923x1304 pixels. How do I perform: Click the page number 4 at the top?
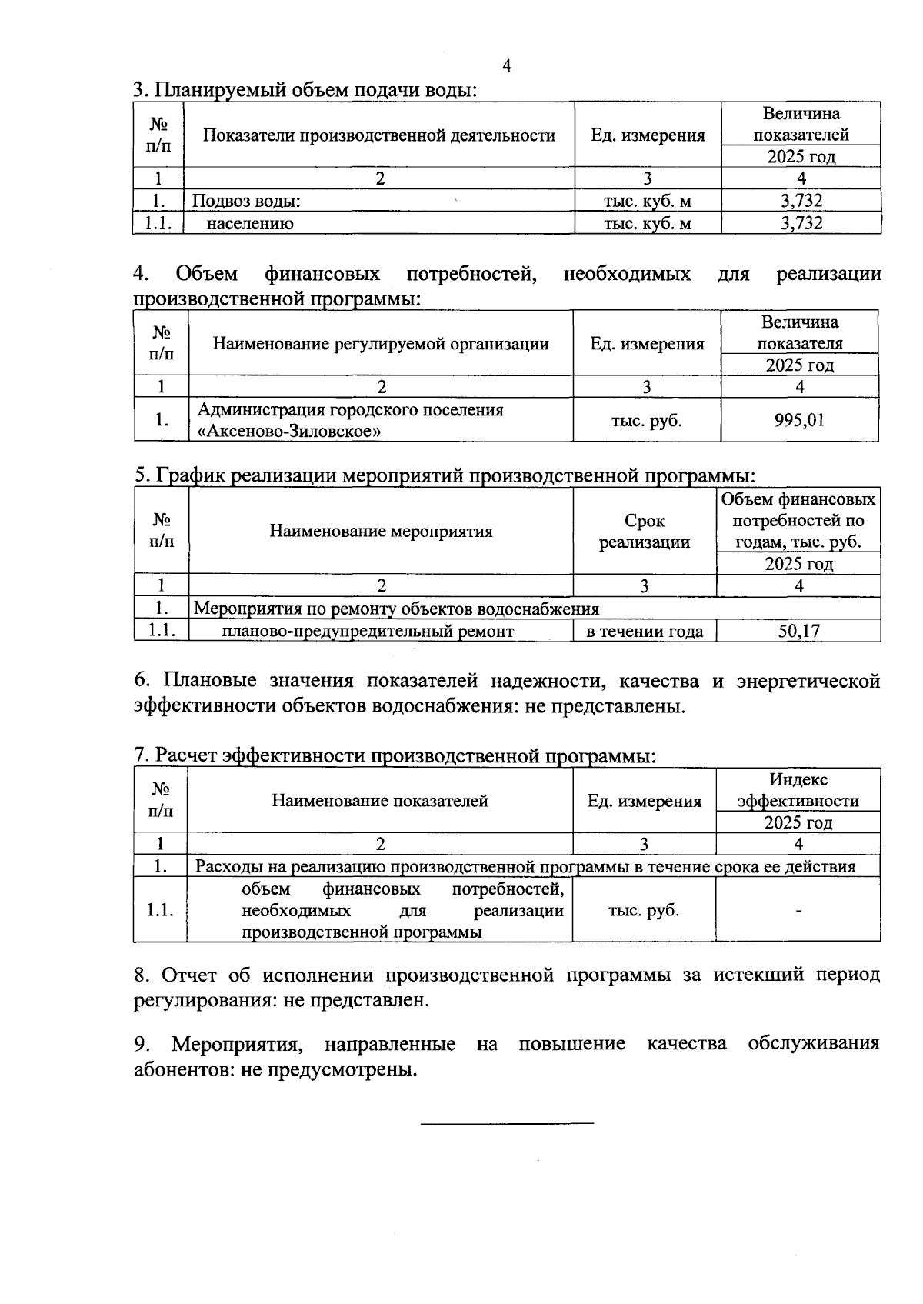coord(506,66)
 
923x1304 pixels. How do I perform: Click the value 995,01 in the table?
coord(799,420)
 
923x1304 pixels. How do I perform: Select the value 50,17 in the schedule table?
coord(799,632)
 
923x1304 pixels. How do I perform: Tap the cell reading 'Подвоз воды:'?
coord(245,202)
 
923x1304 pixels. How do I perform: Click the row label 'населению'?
coord(250,224)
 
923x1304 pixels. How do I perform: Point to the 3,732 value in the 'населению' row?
coord(801,224)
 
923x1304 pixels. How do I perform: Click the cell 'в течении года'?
coord(645,632)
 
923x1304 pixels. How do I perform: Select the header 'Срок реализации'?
coord(645,532)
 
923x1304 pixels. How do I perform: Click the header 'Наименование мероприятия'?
coord(381,532)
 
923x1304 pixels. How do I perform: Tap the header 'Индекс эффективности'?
coord(798,791)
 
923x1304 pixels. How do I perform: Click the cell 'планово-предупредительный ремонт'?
coord(368,632)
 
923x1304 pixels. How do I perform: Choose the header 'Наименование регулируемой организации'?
coord(381,344)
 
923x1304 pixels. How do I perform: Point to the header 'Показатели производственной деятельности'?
coord(379,136)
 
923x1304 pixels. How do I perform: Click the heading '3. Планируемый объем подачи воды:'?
coord(305,90)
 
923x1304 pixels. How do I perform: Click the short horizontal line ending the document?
coord(508,1124)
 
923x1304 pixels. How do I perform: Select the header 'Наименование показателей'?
coord(380,802)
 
